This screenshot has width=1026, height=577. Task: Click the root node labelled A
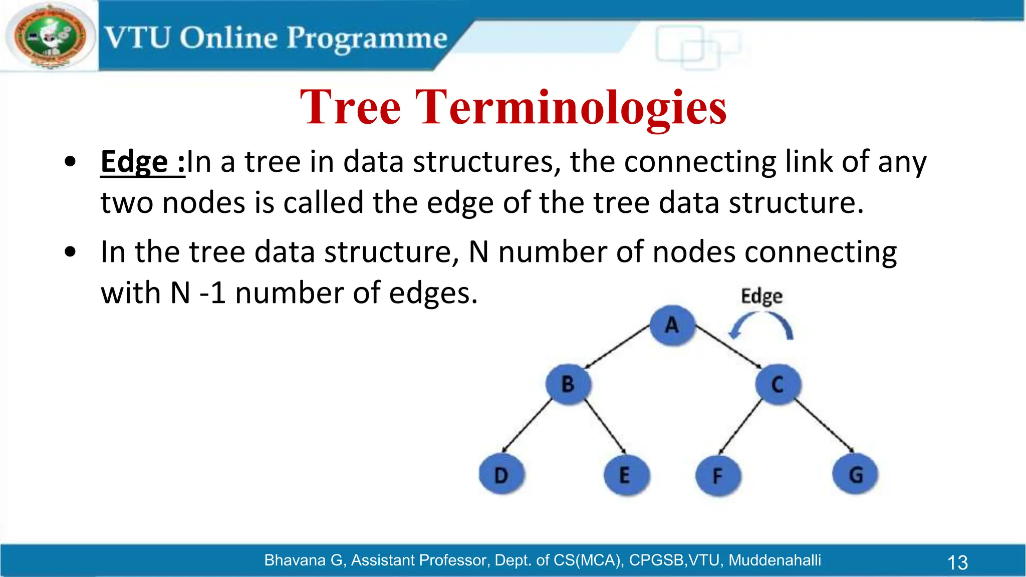672,326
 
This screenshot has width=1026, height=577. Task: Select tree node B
568,384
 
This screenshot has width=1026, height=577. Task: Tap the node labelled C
778,384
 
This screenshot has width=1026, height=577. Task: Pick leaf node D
501,474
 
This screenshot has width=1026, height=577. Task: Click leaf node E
625,475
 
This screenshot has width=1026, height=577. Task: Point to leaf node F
717,475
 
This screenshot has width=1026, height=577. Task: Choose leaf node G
855,474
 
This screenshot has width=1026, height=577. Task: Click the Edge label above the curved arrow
761,296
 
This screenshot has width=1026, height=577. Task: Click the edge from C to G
824,425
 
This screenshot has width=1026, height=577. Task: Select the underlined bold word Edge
134,162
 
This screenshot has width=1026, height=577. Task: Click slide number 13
957,562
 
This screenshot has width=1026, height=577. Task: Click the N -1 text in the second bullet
197,293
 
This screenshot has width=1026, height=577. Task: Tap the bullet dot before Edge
70,162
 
